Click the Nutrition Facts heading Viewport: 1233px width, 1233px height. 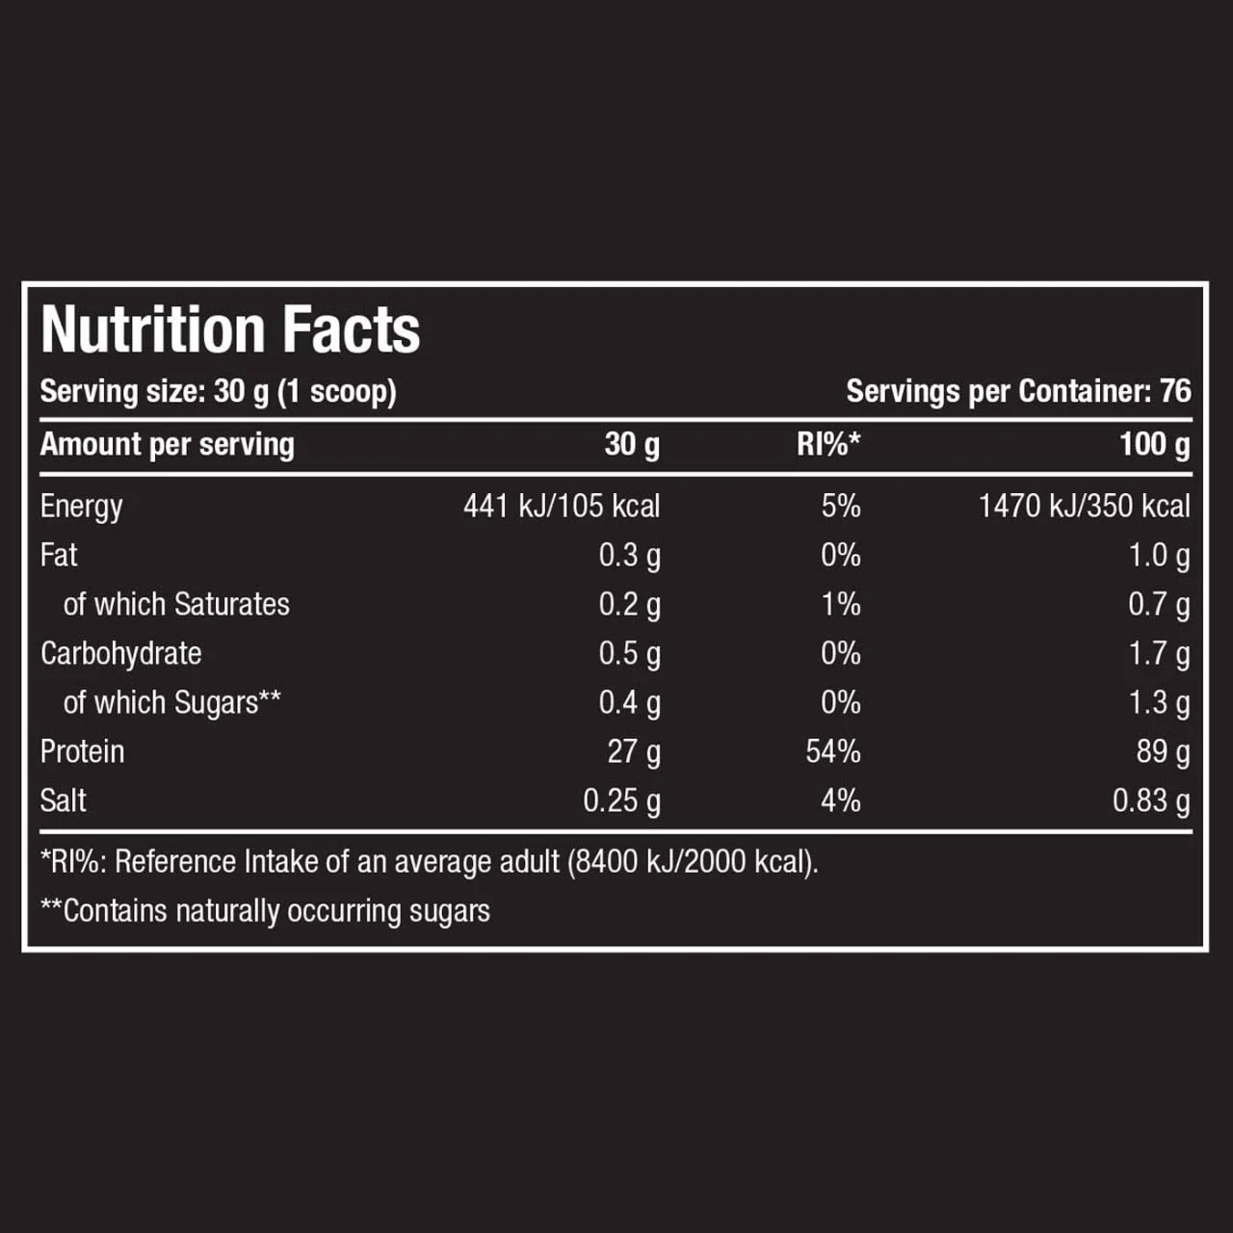pos(230,330)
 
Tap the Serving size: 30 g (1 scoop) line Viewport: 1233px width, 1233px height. pos(218,391)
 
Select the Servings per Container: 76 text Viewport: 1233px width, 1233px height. pos(1018,391)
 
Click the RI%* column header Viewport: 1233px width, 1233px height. pos(828,444)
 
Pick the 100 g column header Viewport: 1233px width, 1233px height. pos(1154,444)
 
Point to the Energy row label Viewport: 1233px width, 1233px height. pos(82,507)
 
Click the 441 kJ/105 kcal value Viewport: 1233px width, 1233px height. pos(562,506)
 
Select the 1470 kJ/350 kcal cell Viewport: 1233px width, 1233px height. pos(1084,506)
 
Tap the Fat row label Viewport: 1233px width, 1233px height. pos(59,555)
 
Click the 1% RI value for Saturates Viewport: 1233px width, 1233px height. pos(840,604)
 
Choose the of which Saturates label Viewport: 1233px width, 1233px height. pos(176,604)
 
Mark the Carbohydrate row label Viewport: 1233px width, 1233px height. pos(121,653)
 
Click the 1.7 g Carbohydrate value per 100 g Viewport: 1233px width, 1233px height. pos(1159,654)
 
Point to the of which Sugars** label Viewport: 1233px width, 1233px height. pos(171,702)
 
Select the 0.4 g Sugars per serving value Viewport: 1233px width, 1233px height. pos(629,703)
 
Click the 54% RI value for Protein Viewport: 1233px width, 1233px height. pos(833,751)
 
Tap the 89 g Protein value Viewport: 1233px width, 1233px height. pos(1163,751)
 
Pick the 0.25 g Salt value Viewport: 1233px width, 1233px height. pos(621,800)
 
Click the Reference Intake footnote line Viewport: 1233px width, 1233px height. pos(429,861)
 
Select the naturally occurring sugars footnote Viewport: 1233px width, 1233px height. pos(265,910)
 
